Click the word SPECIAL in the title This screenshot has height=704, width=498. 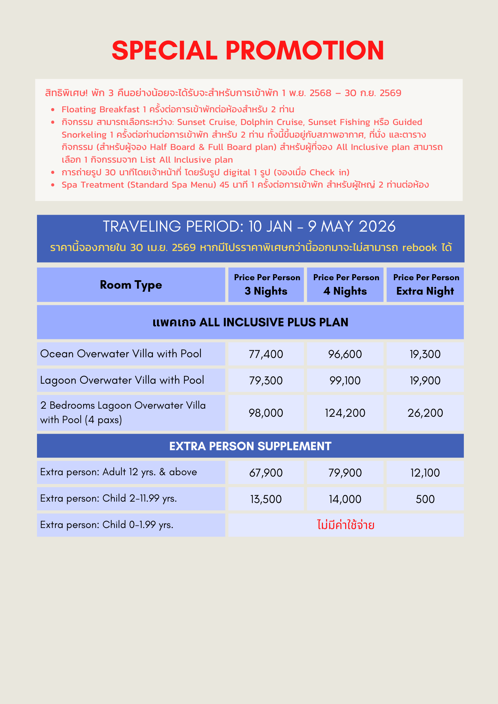coord(164,50)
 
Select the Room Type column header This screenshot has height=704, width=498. coord(131,285)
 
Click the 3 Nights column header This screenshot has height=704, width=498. coord(266,285)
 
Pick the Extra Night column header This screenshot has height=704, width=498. coord(425,285)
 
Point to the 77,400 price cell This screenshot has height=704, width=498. coord(266,354)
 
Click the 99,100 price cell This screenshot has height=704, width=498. coord(345,381)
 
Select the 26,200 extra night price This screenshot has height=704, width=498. coord(425,413)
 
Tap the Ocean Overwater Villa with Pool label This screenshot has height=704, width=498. coord(121,354)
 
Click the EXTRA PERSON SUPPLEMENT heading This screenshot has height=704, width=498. coord(250,446)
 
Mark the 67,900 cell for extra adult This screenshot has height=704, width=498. coord(266,473)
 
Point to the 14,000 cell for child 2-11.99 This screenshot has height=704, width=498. coord(345,499)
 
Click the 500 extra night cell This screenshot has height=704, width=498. coord(425,499)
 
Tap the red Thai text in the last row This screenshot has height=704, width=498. coord(346,525)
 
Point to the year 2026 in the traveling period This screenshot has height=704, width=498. coord(377,227)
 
